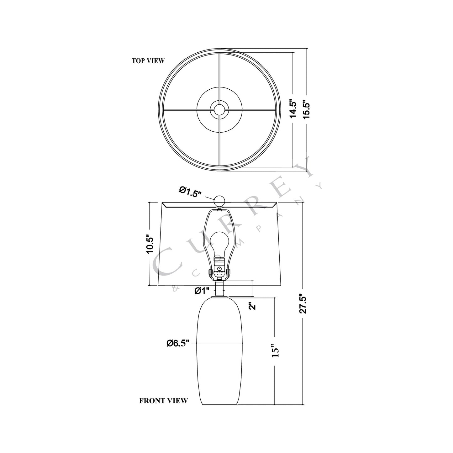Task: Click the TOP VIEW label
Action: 148,61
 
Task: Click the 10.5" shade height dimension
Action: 150,245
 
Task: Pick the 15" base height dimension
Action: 275,351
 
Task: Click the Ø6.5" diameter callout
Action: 178,343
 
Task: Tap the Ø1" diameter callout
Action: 202,291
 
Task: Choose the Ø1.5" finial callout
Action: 190,192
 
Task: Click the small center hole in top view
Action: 219,109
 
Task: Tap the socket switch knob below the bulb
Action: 220,269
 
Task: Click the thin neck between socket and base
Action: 220,288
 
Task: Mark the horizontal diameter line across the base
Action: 219,343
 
